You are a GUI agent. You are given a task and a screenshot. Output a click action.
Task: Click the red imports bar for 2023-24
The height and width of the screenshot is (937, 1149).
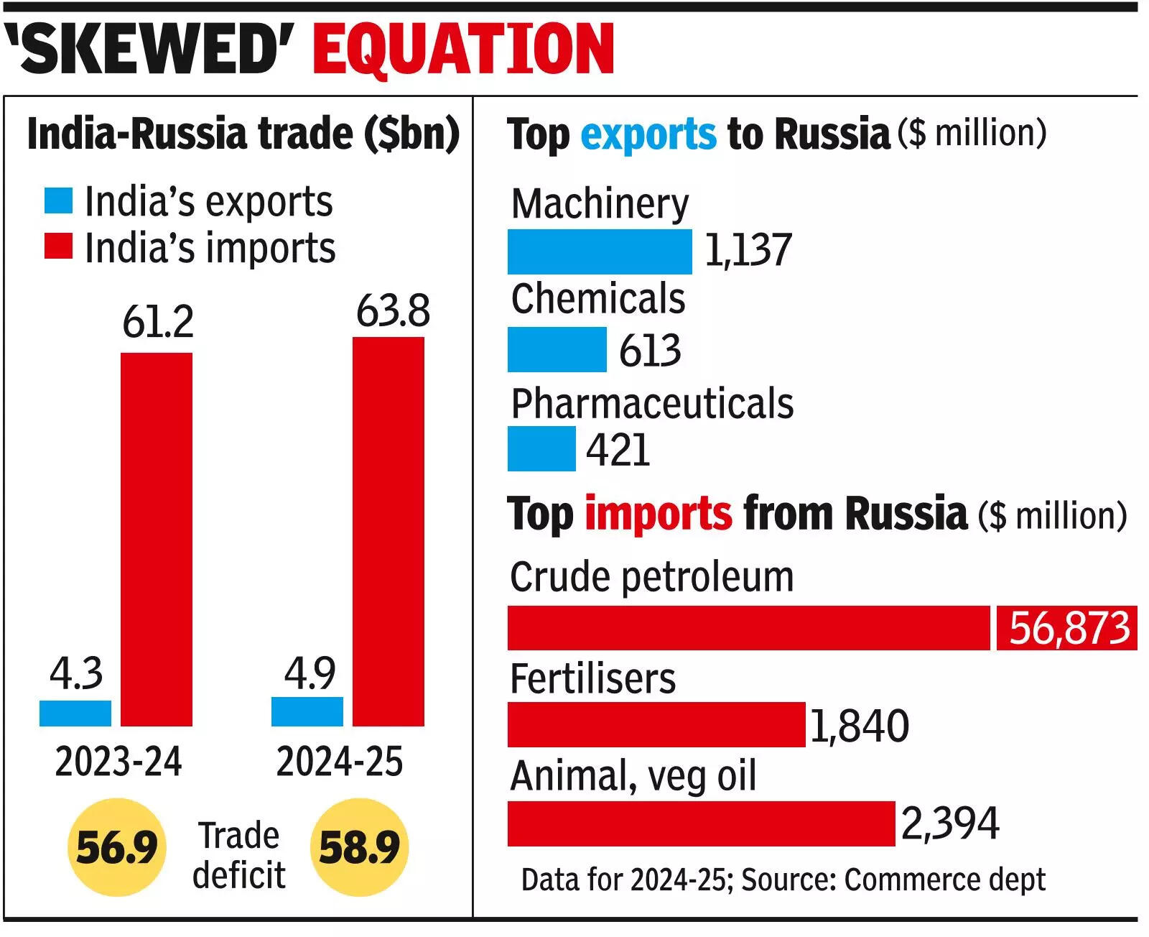tap(156, 539)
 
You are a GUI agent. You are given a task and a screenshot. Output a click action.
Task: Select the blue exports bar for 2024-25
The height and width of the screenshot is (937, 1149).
tap(307, 711)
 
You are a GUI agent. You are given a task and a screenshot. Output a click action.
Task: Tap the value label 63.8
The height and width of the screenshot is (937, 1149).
tap(393, 311)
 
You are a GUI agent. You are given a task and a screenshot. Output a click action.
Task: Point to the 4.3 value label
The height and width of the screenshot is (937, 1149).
tap(76, 673)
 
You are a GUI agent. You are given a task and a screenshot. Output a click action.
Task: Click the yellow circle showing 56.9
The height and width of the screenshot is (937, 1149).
tap(116, 847)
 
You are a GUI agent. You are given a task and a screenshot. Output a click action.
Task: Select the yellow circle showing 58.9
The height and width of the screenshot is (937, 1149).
tap(359, 847)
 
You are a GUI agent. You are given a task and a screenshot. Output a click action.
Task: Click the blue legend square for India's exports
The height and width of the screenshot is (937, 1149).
tap(58, 201)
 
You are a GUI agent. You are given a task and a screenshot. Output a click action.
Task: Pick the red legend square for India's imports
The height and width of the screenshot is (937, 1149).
tap(58, 246)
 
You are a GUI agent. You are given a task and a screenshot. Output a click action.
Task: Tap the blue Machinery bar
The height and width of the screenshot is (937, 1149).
tap(599, 251)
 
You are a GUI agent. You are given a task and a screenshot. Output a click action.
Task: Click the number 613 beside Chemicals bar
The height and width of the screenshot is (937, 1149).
tap(649, 351)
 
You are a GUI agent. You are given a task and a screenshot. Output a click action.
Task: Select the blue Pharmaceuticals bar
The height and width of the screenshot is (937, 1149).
tap(541, 448)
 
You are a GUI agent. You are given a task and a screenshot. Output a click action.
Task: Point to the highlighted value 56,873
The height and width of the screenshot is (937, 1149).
tap(1068, 628)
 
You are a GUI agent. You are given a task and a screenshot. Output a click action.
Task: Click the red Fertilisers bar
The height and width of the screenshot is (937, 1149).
tap(656, 724)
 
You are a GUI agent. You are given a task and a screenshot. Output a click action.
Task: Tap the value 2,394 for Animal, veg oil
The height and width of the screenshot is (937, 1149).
tap(949, 823)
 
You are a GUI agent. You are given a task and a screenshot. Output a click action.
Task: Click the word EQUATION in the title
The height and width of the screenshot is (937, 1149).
tap(463, 48)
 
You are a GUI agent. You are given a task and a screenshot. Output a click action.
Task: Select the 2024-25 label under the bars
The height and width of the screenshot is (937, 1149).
tap(339, 762)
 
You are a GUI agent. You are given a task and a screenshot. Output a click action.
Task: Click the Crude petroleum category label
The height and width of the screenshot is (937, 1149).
tap(651, 577)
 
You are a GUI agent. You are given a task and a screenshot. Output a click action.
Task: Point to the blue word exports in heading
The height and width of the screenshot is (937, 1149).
tap(648, 134)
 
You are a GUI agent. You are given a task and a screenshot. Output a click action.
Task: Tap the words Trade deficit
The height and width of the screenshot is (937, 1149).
tap(238, 855)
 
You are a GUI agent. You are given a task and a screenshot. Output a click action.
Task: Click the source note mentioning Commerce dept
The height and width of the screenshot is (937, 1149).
tap(783, 880)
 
